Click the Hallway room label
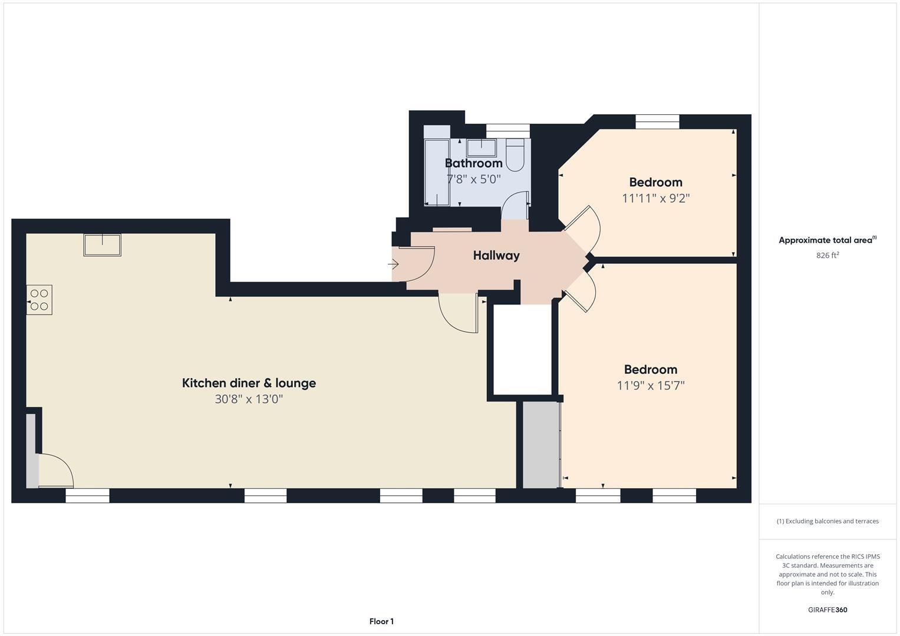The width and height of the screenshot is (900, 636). (496, 256)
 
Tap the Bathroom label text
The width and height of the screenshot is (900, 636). (473, 163)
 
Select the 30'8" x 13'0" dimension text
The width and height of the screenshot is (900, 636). (249, 399)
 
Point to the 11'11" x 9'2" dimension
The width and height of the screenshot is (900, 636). (655, 198)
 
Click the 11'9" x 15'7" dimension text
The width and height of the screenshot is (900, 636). (650, 386)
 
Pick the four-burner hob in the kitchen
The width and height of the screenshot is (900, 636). (39, 300)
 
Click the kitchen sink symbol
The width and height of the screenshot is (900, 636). (102, 245)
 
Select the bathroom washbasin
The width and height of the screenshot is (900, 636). (482, 147)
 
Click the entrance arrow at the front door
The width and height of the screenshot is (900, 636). (393, 264)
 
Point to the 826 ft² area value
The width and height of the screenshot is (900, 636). (827, 256)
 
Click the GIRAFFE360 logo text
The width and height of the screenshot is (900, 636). (827, 609)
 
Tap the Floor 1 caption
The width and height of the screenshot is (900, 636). (381, 621)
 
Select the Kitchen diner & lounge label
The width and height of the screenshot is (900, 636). (249, 383)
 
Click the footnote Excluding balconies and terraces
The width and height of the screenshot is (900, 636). (827, 521)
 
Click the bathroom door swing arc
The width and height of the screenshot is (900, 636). (515, 203)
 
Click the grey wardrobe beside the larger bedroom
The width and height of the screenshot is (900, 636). (540, 445)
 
